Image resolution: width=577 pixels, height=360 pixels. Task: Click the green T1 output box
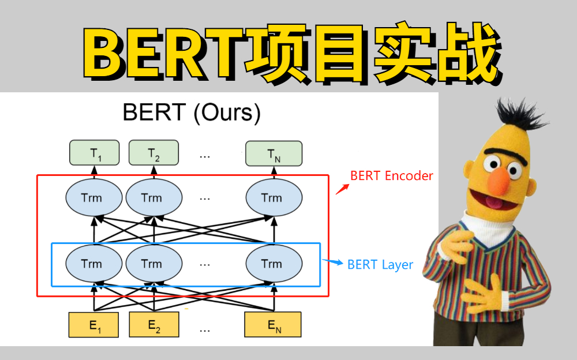[x=94, y=153]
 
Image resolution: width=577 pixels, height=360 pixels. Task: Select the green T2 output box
[x=153, y=153]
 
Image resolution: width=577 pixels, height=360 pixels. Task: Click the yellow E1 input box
[x=94, y=325]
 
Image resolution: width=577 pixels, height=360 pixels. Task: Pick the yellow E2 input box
[x=153, y=325]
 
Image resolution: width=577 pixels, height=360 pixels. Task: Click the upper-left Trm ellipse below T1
[x=92, y=198]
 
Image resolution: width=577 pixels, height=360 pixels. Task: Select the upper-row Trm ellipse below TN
[x=272, y=198]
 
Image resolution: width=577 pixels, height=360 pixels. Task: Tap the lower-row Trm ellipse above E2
[x=152, y=264]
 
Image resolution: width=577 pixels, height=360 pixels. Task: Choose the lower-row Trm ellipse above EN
[x=272, y=264]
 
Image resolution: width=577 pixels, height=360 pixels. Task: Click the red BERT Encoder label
[x=391, y=176]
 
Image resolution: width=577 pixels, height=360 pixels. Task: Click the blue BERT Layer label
[x=380, y=265]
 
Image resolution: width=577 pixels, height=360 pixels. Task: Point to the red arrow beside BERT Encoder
[x=342, y=189]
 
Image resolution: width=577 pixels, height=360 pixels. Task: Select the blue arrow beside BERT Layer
[x=333, y=262]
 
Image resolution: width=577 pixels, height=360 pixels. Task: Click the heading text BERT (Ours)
[x=192, y=112]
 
